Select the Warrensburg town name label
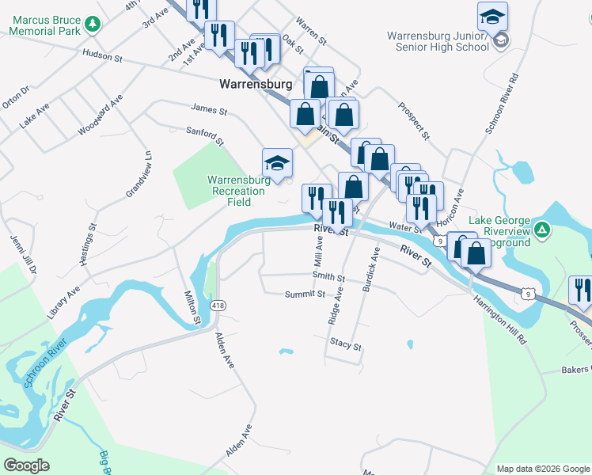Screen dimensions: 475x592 (x=256, y=83)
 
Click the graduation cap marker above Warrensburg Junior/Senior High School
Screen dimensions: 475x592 (x=492, y=16)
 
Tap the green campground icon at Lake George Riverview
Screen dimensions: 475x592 (x=541, y=230)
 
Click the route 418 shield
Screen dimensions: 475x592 (x=218, y=305)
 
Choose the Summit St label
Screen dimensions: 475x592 (x=305, y=294)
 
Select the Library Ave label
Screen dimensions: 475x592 (x=63, y=302)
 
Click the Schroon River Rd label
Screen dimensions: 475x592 (x=501, y=104)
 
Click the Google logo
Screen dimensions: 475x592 (x=26, y=465)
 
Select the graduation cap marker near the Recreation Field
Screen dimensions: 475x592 (x=277, y=163)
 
